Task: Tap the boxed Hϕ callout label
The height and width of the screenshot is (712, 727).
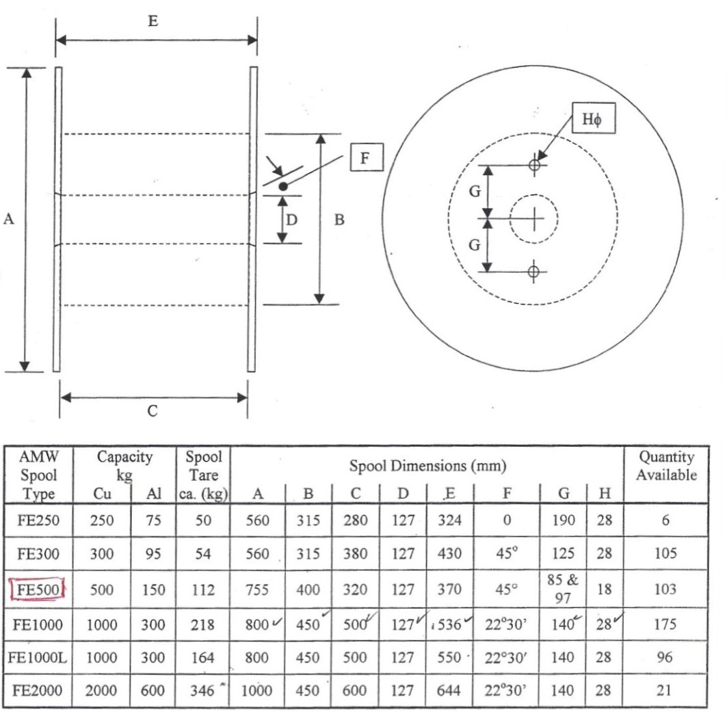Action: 592,120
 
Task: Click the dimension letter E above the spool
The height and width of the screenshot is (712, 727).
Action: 153,21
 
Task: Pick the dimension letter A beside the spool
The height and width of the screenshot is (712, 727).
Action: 9,219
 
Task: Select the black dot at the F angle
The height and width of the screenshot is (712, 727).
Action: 283,186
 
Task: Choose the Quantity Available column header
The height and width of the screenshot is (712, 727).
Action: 666,465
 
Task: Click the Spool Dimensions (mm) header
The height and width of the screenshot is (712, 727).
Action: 427,466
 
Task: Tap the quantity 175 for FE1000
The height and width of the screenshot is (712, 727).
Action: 665,624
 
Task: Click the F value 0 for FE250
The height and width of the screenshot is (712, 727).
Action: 506,520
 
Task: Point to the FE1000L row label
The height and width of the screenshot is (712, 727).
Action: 38,657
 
